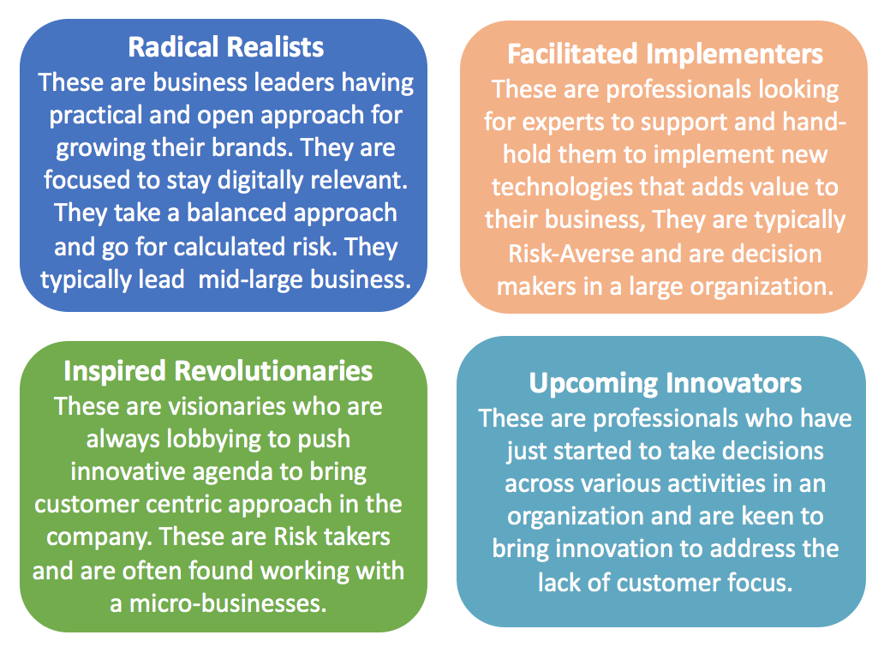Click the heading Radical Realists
pyautogui.click(x=226, y=47)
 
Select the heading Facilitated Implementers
pyautogui.click(x=666, y=54)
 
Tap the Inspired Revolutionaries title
pyautogui.click(x=218, y=371)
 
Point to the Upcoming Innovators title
pyautogui.click(x=666, y=383)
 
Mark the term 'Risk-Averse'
pyautogui.click(x=571, y=254)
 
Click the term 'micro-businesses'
pyautogui.click(x=228, y=603)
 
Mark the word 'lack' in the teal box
pyautogui.click(x=559, y=583)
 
